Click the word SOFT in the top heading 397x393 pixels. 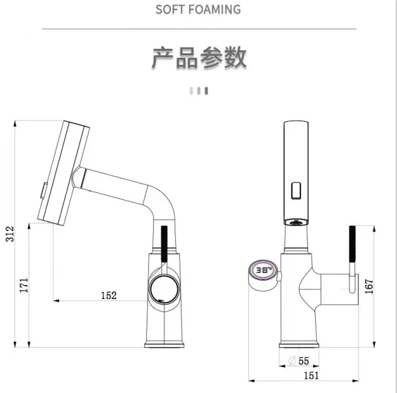[170, 10]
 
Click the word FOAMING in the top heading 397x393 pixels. [215, 10]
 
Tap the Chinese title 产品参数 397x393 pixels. [199, 58]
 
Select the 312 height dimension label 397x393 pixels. [10, 234]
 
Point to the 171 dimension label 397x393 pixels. [24, 285]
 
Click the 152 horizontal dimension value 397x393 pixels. [109, 295]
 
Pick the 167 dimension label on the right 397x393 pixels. [369, 286]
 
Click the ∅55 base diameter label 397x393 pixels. [299, 361]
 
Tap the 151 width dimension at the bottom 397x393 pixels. [311, 375]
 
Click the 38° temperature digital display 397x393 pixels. [263, 270]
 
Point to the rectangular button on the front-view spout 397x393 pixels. [296, 190]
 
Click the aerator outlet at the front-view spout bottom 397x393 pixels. [296, 222]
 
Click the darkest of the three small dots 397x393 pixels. [206, 91]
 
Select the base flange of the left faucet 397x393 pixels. [165, 345]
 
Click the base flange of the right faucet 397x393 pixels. [299, 345]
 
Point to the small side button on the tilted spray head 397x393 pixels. [44, 190]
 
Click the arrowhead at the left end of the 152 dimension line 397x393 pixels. [56, 301]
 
